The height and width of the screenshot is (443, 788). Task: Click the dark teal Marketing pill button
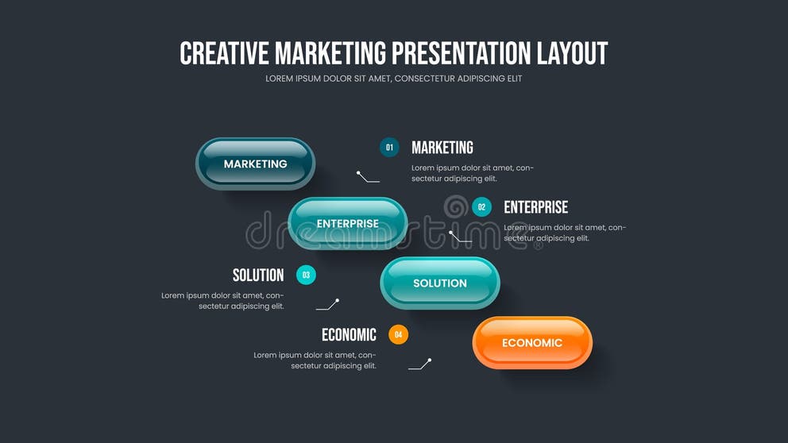click(255, 164)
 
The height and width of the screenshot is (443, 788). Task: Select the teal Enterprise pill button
click(347, 223)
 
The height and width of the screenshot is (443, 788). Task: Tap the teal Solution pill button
click(439, 283)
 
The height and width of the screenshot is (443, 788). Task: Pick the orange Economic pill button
click(532, 342)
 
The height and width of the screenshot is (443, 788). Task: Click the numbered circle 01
click(389, 147)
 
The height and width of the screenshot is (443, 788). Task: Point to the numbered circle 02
click(481, 206)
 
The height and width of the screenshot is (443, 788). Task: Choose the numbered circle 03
click(306, 275)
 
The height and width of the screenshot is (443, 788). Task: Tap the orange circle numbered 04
click(398, 334)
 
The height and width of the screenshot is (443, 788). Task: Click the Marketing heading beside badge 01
click(442, 148)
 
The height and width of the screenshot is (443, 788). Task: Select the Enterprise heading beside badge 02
click(535, 207)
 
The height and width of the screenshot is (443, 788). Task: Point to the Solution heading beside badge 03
click(258, 275)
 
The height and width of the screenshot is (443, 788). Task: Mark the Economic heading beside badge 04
click(349, 335)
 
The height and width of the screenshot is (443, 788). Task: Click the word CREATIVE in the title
click(225, 53)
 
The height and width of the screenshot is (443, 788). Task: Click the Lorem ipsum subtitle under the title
click(394, 79)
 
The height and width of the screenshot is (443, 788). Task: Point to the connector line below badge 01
click(368, 177)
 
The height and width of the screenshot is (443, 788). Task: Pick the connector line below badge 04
click(419, 364)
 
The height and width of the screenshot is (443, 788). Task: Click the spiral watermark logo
click(455, 207)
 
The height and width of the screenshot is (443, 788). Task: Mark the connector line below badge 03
click(327, 305)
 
